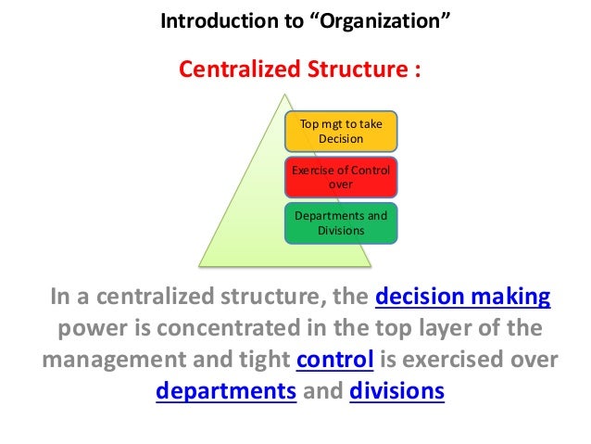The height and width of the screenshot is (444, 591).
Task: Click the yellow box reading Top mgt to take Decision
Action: coord(341,133)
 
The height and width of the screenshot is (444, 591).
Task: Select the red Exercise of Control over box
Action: coord(341,177)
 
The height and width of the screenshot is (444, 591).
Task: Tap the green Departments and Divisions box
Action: coord(341,222)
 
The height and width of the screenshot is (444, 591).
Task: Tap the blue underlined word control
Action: coord(334,360)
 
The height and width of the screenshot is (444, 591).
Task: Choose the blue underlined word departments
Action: coord(225,391)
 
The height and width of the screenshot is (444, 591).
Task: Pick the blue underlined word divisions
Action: coord(397,391)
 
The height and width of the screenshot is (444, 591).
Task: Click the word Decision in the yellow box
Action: coord(341,139)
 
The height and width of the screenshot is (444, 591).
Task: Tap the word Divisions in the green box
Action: coord(341,230)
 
